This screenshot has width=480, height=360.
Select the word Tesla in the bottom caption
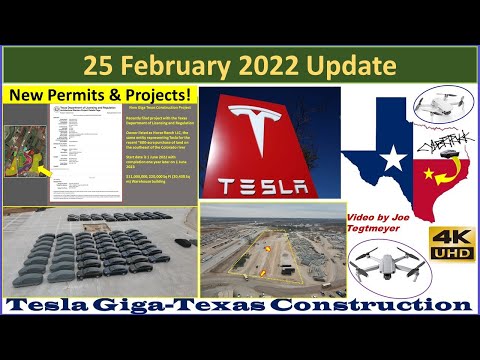coord(69,304)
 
